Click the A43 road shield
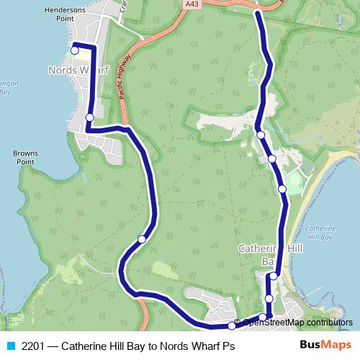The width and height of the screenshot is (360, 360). (191, 4)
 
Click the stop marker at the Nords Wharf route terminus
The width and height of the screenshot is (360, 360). (74, 50)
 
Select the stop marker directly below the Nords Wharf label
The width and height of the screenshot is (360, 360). (89, 117)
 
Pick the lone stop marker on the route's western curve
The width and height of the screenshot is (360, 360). (142, 239)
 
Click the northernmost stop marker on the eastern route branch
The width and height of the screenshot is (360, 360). (261, 135)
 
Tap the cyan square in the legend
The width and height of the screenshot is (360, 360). (10, 345)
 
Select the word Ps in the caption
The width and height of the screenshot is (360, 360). (228, 345)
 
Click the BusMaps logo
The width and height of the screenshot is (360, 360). (325, 344)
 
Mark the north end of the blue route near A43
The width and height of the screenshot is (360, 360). (257, 12)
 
